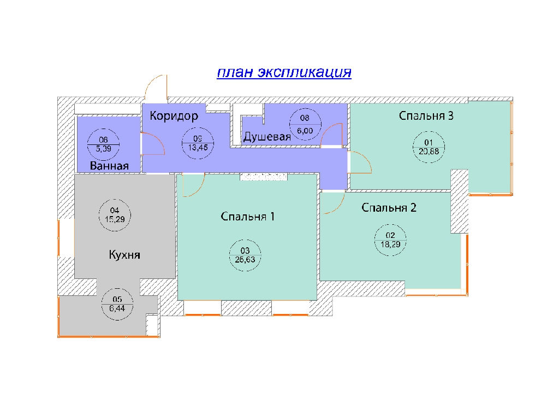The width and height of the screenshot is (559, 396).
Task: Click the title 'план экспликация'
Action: (284, 73)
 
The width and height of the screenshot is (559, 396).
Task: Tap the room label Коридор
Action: (174, 116)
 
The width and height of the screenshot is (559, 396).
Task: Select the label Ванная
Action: (110, 166)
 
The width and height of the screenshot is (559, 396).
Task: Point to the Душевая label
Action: (267, 137)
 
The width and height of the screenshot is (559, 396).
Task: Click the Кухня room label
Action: (124, 255)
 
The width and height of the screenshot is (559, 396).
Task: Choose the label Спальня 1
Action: (247, 217)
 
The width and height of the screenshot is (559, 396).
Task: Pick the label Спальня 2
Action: (389, 208)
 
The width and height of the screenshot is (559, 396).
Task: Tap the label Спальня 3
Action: (427, 116)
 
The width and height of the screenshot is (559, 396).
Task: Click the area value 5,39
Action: (103, 148)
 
